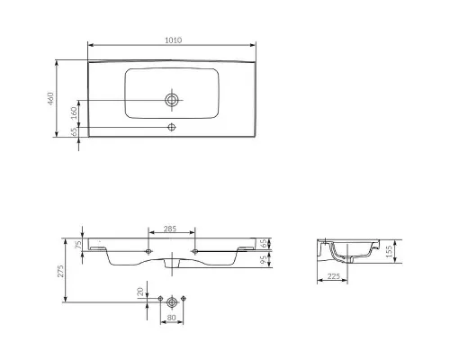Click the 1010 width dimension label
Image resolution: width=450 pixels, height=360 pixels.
click(174, 40)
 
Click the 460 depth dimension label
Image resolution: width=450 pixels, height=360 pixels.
click(50, 98)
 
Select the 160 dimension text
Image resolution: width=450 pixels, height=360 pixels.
click(74, 113)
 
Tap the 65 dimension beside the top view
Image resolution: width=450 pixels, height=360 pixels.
click(74, 132)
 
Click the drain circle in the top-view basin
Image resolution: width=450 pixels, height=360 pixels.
click(172, 100)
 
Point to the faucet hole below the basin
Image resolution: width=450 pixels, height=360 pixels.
click(171, 127)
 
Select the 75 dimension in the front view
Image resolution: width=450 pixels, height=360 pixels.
click(78, 245)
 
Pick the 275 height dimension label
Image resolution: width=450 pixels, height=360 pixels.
click(60, 271)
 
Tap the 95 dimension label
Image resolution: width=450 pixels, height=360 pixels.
click(264, 260)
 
